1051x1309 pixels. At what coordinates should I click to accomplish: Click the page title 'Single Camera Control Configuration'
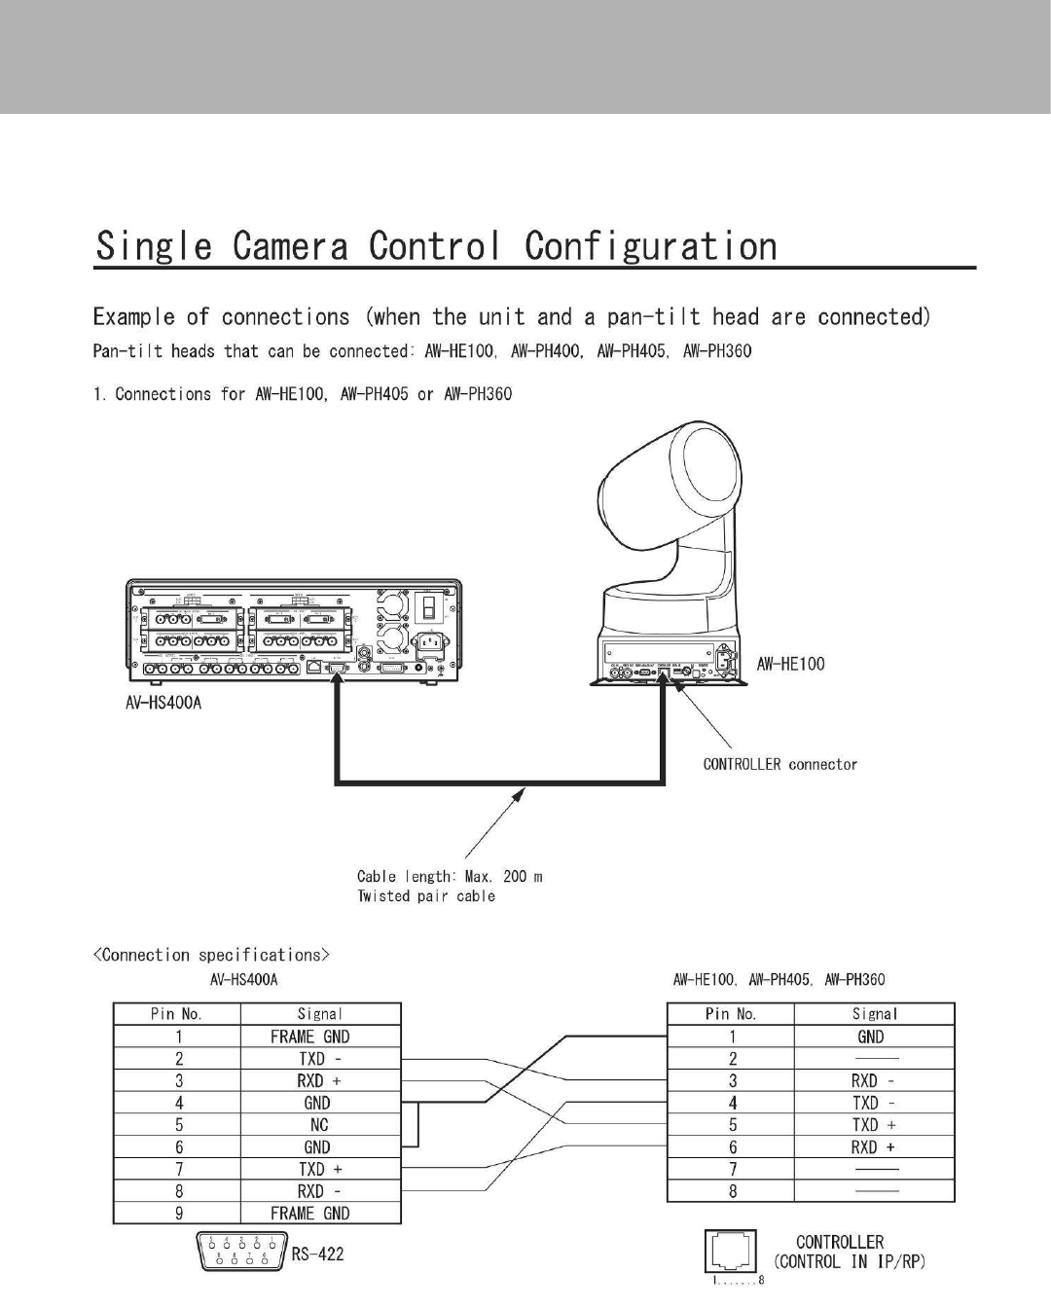click(x=436, y=246)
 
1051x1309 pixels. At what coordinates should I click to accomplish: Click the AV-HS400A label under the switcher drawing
click(x=163, y=703)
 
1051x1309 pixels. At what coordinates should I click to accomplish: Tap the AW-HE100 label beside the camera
click(x=790, y=664)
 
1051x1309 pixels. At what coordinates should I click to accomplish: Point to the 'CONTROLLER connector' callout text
click(x=780, y=764)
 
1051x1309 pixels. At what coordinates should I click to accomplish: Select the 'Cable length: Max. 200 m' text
click(x=450, y=876)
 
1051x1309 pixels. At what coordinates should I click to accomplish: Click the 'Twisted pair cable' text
click(x=426, y=896)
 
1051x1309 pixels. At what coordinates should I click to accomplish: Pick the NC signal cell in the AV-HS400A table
click(x=319, y=1125)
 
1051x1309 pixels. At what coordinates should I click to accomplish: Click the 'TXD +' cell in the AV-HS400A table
click(x=319, y=1169)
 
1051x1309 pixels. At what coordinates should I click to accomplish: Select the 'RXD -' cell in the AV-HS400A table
click(x=319, y=1191)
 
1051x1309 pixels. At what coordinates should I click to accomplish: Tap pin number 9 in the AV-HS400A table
click(x=178, y=1214)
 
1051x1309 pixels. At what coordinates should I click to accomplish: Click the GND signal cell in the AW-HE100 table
click(x=871, y=1036)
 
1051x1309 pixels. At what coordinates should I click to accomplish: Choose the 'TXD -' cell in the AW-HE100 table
click(x=873, y=1103)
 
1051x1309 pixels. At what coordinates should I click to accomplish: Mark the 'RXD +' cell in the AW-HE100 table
click(x=873, y=1147)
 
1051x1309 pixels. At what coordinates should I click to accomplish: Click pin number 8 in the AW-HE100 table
click(x=732, y=1191)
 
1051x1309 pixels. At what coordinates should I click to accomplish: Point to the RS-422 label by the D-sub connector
click(x=317, y=1254)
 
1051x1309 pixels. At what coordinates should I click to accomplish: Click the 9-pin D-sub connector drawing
click(x=241, y=1250)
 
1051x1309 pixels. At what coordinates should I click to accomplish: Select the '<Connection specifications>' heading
click(x=211, y=955)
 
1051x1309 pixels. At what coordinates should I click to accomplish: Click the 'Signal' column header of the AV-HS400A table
click(x=319, y=1014)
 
